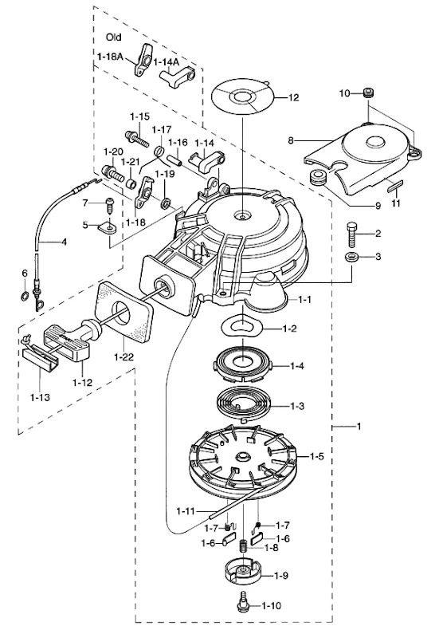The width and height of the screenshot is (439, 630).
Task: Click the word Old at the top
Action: pos(114,37)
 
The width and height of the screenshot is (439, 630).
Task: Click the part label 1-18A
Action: pos(110,57)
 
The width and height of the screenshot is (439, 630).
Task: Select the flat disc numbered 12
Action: pos(242,96)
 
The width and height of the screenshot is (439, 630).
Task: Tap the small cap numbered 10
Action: pos(369,93)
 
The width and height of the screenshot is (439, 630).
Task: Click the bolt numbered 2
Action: pos(352,234)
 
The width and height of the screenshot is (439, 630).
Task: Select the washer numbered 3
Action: pos(351,257)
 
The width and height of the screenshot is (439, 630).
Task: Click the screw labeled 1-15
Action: pos(137,138)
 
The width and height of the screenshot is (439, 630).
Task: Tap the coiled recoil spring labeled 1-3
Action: pos(244,405)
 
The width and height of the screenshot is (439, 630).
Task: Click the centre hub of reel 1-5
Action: pos(243,456)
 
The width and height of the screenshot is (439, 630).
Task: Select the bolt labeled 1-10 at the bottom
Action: pos(243,606)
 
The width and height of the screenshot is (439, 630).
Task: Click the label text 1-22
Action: pos(123,356)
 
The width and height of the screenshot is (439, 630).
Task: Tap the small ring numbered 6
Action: pos(24,297)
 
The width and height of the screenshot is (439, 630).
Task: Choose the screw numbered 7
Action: pos(109,205)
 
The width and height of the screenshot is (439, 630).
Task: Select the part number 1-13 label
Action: pos(40,397)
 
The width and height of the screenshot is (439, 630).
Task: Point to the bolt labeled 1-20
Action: pos(113,173)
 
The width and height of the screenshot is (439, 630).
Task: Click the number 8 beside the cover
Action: pos(291,140)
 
